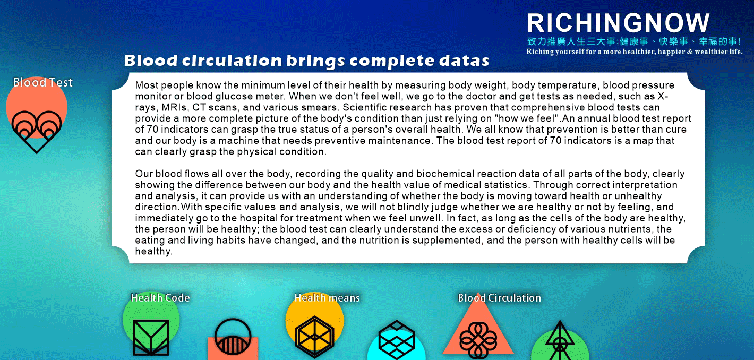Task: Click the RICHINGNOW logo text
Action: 619,23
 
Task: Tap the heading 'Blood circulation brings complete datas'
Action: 307,61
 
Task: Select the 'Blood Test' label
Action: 43,82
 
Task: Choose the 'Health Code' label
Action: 160,298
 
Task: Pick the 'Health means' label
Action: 327,298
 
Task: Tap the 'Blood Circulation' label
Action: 500,298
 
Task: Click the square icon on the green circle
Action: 151,338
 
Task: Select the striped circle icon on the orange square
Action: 233,337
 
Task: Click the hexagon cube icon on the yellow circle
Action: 315,337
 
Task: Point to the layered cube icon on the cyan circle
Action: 397,339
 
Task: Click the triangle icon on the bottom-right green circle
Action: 560,340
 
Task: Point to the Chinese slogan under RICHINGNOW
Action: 634,41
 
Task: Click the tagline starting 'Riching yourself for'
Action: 635,52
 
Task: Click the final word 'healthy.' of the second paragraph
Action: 154,251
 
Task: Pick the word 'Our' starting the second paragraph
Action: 144,174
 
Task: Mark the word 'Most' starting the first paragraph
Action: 148,85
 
